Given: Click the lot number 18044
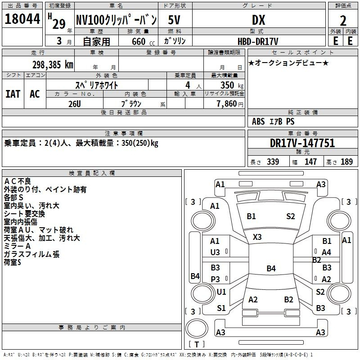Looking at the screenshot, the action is coord(22,19).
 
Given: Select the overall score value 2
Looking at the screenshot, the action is coord(343,21).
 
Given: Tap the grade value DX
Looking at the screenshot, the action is coord(258,20).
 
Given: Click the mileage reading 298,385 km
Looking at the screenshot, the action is coord(53,65).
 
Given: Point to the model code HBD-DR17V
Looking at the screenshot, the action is coord(258,41).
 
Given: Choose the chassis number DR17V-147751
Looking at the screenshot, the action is coord(302,143).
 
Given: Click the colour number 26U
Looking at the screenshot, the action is coord(75,104).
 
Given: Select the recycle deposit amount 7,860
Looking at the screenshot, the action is coord(227,104).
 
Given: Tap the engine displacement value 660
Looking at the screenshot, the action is coord(139,41).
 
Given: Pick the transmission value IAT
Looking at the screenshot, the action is coord(13,94).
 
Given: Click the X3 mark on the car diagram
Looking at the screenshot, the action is coord(257,237).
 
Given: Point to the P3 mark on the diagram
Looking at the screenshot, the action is coord(216,279).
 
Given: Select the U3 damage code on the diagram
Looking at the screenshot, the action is coord(215,252).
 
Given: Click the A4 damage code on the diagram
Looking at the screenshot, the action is coord(326,252).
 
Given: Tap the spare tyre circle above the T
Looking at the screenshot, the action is coord(197,328).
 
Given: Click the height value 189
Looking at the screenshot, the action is coord(346,162).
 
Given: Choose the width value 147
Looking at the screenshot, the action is coord(310,162).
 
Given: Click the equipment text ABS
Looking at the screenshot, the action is coord(258,121).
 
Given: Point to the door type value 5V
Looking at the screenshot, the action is coord(174,20).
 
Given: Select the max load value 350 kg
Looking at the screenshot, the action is coord(232,85).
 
